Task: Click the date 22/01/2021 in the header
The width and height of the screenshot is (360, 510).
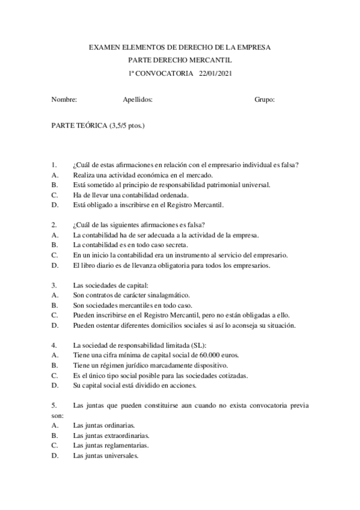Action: (x=215, y=73)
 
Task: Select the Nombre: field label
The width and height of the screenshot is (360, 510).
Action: (x=64, y=100)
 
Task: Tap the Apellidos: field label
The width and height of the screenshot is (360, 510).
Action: (x=137, y=100)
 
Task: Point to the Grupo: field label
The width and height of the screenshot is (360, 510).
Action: (x=264, y=100)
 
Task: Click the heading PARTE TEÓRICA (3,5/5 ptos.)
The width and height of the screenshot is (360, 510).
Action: (x=97, y=126)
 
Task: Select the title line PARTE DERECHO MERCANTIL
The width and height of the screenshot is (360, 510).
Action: (x=180, y=60)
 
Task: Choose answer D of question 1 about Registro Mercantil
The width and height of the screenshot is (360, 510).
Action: (x=148, y=204)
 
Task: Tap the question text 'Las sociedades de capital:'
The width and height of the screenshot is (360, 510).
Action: (x=109, y=285)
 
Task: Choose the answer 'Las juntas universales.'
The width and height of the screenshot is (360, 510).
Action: (x=106, y=455)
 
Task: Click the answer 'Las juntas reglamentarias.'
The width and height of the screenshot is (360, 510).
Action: (x=111, y=445)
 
